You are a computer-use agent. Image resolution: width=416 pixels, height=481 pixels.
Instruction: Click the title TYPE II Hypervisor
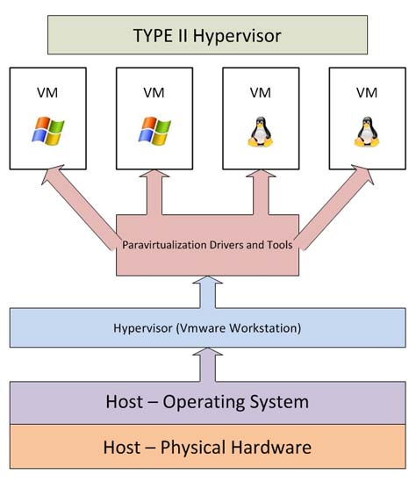208,37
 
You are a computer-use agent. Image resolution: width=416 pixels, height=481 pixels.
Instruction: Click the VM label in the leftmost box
48,91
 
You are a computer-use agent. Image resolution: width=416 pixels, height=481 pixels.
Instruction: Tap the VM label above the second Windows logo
154,91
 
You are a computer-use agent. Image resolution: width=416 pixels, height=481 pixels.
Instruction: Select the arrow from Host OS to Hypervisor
208,363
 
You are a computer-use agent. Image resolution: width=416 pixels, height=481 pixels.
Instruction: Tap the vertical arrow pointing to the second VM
154,191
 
